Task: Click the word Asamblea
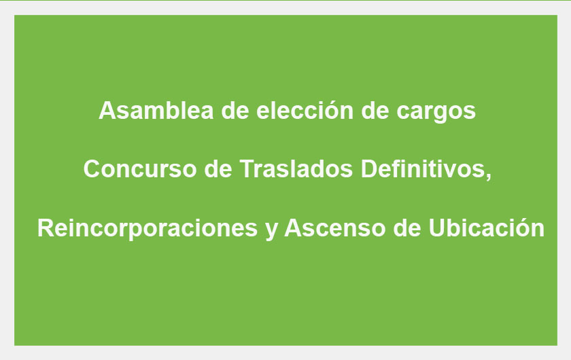(x=156, y=110)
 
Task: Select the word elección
(x=305, y=110)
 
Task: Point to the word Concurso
(x=140, y=169)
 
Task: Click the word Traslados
(x=296, y=169)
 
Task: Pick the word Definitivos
(x=423, y=169)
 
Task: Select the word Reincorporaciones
(x=148, y=228)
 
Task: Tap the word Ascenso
(x=334, y=228)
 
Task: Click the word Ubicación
(x=486, y=228)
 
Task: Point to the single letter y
(x=271, y=230)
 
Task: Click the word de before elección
(x=235, y=110)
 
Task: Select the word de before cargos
(x=375, y=110)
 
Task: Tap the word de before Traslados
(x=218, y=169)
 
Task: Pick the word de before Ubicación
(x=406, y=228)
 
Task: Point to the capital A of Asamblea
(x=107, y=110)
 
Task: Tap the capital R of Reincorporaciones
(x=46, y=228)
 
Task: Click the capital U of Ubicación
(x=436, y=228)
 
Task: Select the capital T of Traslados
(x=247, y=169)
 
